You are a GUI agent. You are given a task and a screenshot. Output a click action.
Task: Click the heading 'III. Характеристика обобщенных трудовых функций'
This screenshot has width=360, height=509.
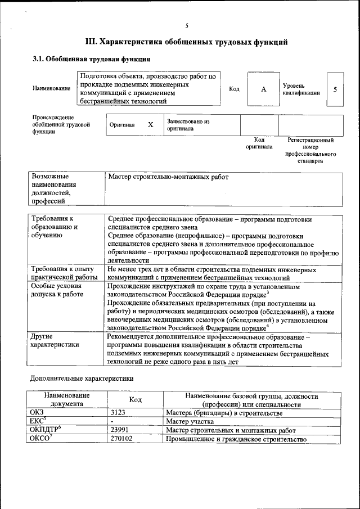186,42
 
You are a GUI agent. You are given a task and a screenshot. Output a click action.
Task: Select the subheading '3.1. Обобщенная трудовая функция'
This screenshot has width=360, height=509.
91,58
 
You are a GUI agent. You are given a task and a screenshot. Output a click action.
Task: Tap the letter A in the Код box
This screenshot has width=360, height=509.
263,89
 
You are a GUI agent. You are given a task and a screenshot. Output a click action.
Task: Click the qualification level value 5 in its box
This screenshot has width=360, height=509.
335,89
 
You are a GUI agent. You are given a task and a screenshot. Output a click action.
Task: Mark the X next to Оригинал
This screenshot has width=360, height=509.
150,125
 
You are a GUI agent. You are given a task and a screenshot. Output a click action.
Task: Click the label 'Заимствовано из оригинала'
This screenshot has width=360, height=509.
188,125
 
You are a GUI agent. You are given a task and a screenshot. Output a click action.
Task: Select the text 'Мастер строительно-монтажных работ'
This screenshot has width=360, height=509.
168,177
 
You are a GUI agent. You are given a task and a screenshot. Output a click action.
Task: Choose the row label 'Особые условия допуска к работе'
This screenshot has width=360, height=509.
57,291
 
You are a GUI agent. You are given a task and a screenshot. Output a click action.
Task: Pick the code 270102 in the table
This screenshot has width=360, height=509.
123,439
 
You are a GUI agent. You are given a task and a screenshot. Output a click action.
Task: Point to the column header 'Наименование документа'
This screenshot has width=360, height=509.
66,400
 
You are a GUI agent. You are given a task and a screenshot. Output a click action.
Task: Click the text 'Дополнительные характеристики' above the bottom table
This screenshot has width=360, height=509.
82,379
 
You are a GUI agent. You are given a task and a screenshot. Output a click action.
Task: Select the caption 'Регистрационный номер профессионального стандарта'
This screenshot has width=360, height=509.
310,150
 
